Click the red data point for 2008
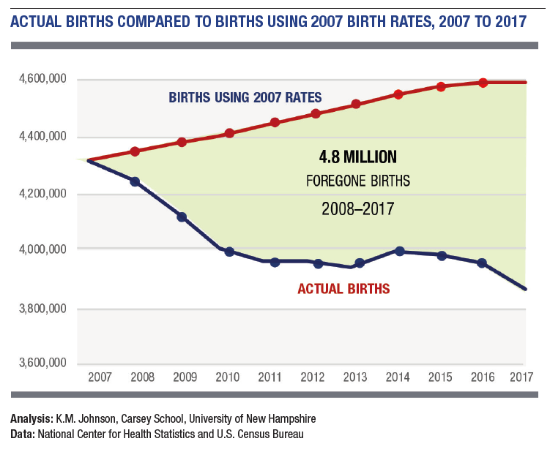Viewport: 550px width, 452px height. pyautogui.click(x=135, y=151)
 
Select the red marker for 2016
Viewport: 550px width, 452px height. pyautogui.click(x=483, y=83)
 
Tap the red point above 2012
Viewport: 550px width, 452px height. pyautogui.click(x=316, y=113)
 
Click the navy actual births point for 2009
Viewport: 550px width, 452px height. pyautogui.click(x=182, y=216)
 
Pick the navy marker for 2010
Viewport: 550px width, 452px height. pyautogui.click(x=229, y=252)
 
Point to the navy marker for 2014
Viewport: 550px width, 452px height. pyautogui.click(x=399, y=251)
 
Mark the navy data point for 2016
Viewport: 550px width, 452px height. pyautogui.click(x=482, y=263)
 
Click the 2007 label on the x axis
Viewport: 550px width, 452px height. pyautogui.click(x=100, y=378)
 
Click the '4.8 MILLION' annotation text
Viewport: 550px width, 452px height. pyautogui.click(x=357, y=157)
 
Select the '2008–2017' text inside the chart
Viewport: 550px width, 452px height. pyautogui.click(x=357, y=208)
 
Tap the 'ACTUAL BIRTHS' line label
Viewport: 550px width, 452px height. pyautogui.click(x=343, y=289)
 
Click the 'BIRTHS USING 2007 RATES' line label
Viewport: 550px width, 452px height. pyautogui.click(x=245, y=97)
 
